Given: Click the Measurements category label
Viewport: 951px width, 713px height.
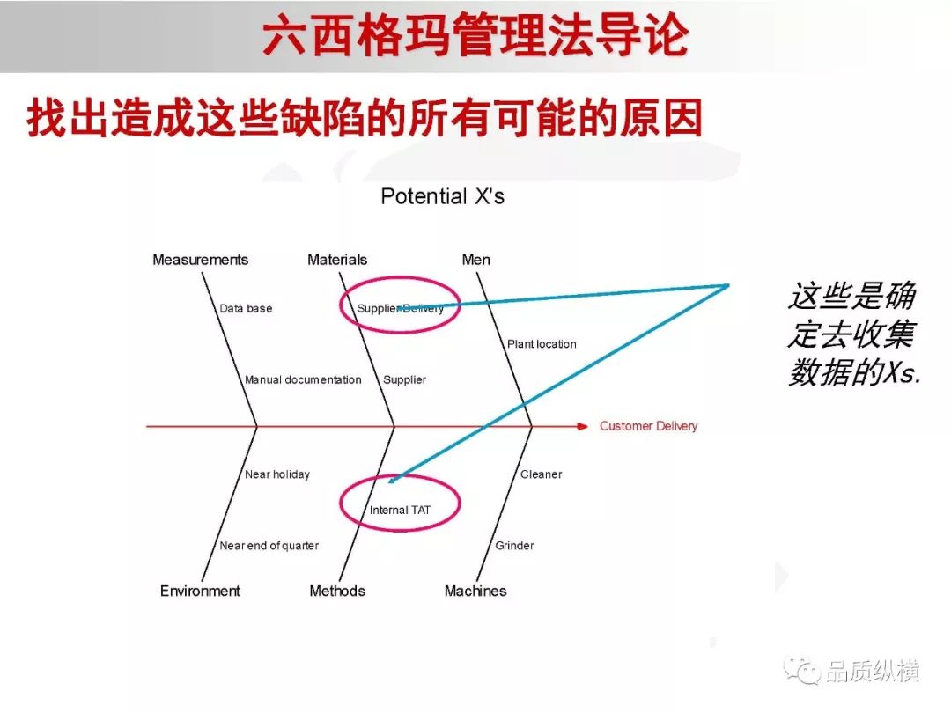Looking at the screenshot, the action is [200, 260].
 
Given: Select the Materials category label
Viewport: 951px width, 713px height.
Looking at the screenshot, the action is [337, 260].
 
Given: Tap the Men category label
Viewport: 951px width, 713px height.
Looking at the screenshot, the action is [476, 260].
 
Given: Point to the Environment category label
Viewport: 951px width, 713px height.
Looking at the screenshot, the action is [200, 591].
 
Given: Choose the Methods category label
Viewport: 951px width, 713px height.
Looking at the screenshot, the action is [337, 591].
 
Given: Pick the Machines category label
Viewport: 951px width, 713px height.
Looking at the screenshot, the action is [475, 591].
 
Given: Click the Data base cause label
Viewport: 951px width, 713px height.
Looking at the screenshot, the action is [246, 308].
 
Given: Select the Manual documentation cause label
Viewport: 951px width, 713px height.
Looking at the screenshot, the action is [303, 379].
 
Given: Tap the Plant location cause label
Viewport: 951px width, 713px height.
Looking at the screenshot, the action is [542, 344].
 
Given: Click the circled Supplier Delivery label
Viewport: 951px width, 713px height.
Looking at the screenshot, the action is [401, 308].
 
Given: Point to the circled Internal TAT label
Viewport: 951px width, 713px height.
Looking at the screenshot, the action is [400, 510].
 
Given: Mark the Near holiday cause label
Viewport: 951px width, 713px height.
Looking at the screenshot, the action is [277, 474].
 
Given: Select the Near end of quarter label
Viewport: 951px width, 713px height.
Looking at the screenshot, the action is [269, 546].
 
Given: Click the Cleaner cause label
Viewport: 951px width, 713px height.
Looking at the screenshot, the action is [541, 474].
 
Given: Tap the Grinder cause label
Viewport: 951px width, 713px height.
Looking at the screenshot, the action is [514, 546].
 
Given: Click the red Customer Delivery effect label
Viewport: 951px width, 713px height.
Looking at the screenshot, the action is [648, 426].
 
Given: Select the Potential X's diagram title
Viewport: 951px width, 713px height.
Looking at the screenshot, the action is [442, 196].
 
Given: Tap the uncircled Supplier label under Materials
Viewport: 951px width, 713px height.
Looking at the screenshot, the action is [404, 379].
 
